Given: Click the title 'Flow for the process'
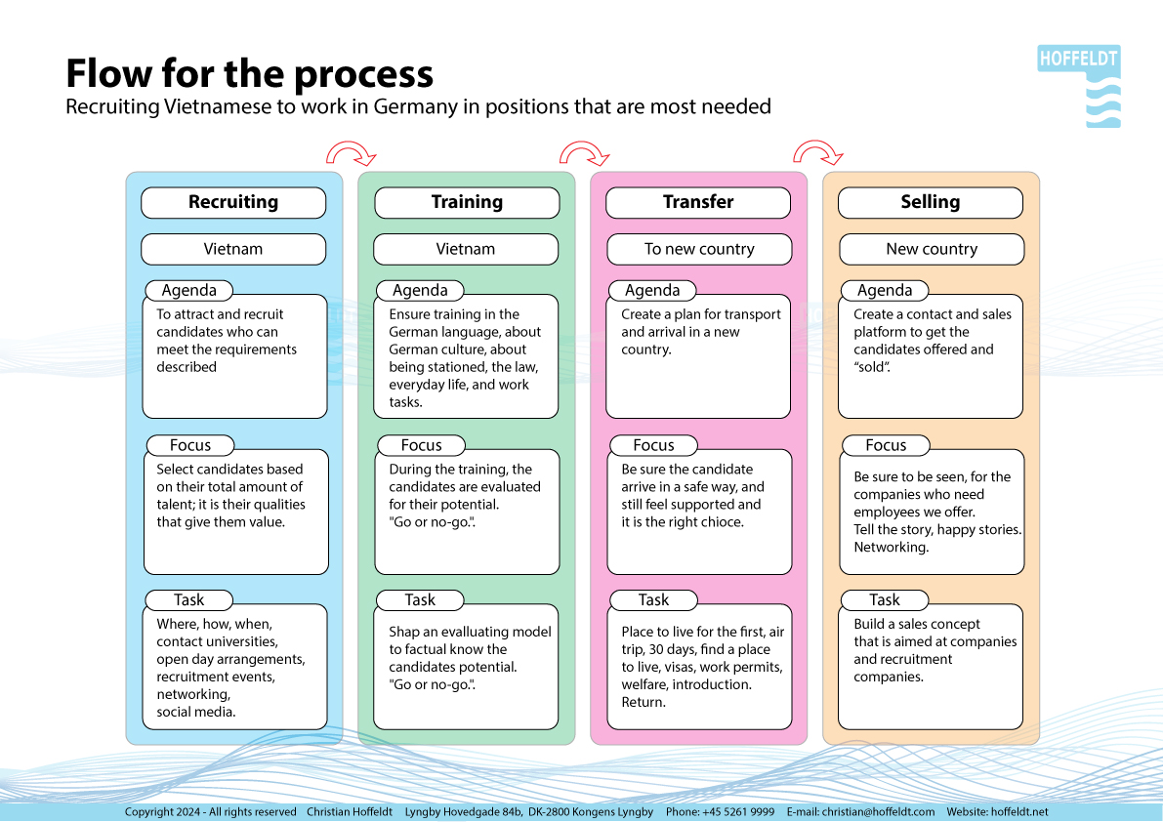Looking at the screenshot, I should click(249, 74).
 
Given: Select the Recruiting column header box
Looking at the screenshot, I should click(233, 202).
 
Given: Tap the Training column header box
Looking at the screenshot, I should click(467, 202).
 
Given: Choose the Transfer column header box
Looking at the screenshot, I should click(698, 202).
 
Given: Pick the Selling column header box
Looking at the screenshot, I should click(931, 202).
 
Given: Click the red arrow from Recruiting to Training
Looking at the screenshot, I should click(350, 152).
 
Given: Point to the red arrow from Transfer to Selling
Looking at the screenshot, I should click(817, 152).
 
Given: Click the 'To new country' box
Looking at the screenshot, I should click(699, 249).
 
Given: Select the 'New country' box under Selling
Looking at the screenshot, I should click(932, 249).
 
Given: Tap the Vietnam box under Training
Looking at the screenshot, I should click(466, 249).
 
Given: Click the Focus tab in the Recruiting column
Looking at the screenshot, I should click(190, 445).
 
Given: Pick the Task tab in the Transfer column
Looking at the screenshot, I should click(653, 600).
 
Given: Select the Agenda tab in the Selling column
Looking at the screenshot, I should click(885, 290).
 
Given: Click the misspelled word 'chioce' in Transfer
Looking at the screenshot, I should click(724, 522).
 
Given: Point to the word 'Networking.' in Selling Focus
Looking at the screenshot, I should click(891, 548).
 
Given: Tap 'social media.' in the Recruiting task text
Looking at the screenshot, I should click(196, 712).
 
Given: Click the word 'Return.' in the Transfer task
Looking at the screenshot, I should click(644, 702).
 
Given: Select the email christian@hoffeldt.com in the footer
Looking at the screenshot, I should click(877, 812).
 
